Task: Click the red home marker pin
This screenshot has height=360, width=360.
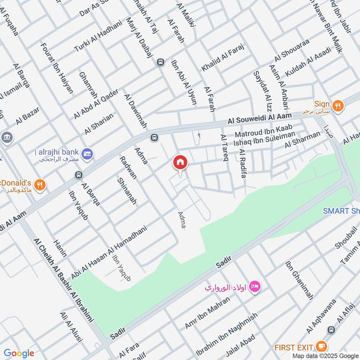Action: coord(180,162)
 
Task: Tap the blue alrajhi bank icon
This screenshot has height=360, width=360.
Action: coord(89,153)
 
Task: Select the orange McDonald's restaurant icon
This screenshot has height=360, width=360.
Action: coord(40,184)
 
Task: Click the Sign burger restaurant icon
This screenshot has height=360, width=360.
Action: coord(338,106)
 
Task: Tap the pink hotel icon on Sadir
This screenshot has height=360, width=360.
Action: coord(255,286)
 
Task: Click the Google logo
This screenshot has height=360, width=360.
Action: coord(19,353)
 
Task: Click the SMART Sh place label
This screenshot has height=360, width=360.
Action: coord(341,211)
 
